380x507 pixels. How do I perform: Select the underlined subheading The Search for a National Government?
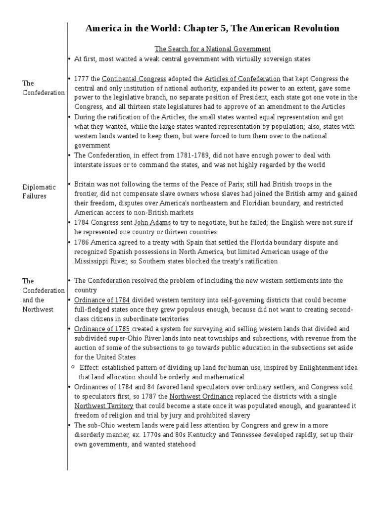point(213,49)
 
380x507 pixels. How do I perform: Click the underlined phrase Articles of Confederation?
point(242,79)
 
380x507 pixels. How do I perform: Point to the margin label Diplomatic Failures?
point(40,191)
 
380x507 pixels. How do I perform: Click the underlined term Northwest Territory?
point(104,406)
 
